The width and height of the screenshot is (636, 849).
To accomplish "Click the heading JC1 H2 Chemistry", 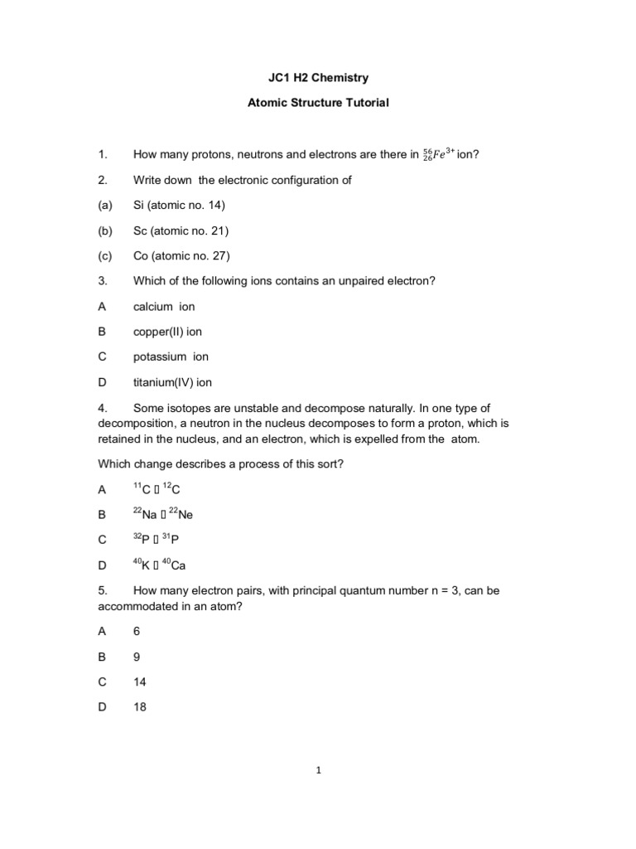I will (319, 78).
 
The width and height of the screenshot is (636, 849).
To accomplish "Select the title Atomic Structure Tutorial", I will (319, 104).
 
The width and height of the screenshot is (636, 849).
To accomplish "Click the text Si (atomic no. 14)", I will (179, 205).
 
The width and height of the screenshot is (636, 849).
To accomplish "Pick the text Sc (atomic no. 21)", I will (181, 230).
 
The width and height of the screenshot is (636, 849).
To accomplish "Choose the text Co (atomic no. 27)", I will (181, 255).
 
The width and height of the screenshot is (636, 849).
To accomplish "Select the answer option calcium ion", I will (164, 306).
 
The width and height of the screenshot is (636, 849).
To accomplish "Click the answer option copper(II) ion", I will (167, 332).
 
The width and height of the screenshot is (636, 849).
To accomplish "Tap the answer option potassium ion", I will (171, 357).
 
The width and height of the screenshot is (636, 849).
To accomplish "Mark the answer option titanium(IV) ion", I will (172, 382).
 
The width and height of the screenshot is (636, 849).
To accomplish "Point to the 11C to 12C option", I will (157, 488).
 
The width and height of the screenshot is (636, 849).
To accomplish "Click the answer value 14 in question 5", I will (139, 682).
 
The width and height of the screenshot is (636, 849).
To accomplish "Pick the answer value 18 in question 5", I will (139, 707).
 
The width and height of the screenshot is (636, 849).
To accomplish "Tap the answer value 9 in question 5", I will (137, 657).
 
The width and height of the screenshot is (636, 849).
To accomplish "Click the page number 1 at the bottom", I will (318, 770).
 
